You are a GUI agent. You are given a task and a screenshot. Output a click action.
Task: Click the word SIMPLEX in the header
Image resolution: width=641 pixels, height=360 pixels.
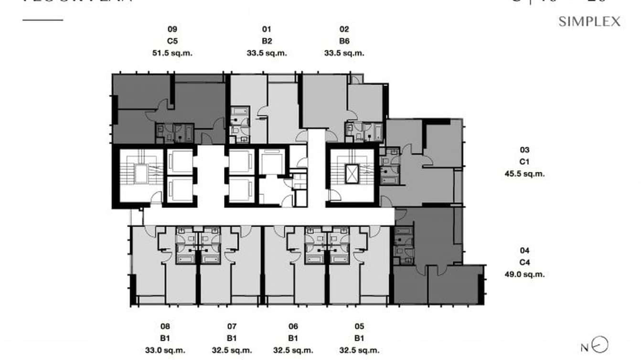pyautogui.click(x=589, y=21)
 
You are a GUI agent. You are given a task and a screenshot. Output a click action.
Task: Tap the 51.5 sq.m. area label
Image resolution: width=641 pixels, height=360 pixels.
pyautogui.click(x=172, y=53)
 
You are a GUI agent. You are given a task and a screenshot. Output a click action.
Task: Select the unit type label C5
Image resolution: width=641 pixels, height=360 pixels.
pyautogui.click(x=172, y=41)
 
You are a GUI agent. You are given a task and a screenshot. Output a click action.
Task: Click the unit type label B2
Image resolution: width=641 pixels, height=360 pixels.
pyautogui.click(x=267, y=41)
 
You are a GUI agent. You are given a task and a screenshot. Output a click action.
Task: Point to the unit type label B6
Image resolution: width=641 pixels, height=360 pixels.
pyautogui.click(x=344, y=41)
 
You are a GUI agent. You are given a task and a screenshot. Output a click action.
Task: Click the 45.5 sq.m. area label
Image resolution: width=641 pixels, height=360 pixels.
pyautogui.click(x=524, y=174)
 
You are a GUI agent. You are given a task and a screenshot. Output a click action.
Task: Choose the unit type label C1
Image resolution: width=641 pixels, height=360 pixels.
pyautogui.click(x=524, y=162)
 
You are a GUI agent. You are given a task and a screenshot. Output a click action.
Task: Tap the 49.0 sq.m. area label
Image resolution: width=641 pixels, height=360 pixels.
pyautogui.click(x=524, y=274)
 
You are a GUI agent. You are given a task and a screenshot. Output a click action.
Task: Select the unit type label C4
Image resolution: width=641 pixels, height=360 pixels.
pyautogui.click(x=524, y=262)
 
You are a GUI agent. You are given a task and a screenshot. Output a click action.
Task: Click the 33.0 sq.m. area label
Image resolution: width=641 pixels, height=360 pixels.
pyautogui.click(x=165, y=350)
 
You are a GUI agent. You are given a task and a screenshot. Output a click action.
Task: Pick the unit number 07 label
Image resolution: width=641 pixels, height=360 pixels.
pyautogui.click(x=232, y=327)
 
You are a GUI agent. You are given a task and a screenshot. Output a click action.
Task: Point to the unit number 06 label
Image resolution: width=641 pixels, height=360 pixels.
pyautogui.click(x=293, y=327)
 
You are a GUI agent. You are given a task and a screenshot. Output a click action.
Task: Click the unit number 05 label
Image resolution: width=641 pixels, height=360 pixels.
pyautogui.click(x=359, y=327)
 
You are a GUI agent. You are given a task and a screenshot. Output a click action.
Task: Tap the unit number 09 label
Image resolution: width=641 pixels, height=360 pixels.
pyautogui.click(x=172, y=29)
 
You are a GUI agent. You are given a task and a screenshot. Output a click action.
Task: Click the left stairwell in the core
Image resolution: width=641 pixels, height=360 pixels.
pyautogui.click(x=140, y=175)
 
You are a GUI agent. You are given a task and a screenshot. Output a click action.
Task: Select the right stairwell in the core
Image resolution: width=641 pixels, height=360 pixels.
pyautogui.click(x=352, y=175)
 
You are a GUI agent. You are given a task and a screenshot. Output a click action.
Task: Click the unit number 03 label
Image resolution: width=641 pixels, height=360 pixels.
pyautogui.click(x=524, y=150)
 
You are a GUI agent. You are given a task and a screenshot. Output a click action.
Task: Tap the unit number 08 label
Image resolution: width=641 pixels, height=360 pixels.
pyautogui.click(x=165, y=327)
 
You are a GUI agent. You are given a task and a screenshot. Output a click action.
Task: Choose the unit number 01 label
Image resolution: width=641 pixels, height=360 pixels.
pyautogui.click(x=267, y=29)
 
